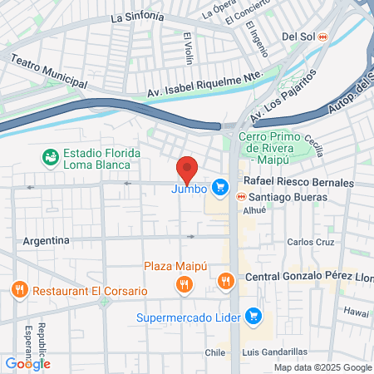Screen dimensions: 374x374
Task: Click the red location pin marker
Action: pos(187,169)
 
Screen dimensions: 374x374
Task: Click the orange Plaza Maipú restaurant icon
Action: pos(185,284)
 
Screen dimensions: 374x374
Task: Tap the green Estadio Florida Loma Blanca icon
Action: pos(51,156)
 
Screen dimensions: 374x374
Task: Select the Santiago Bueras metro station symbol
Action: pos(240,197)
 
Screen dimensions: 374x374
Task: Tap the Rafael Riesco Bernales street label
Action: pos(297,183)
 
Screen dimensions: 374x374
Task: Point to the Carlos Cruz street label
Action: pos(310,242)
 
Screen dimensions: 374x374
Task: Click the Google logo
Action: pos(27,363)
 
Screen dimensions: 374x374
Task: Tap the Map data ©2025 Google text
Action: pos(323,367)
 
